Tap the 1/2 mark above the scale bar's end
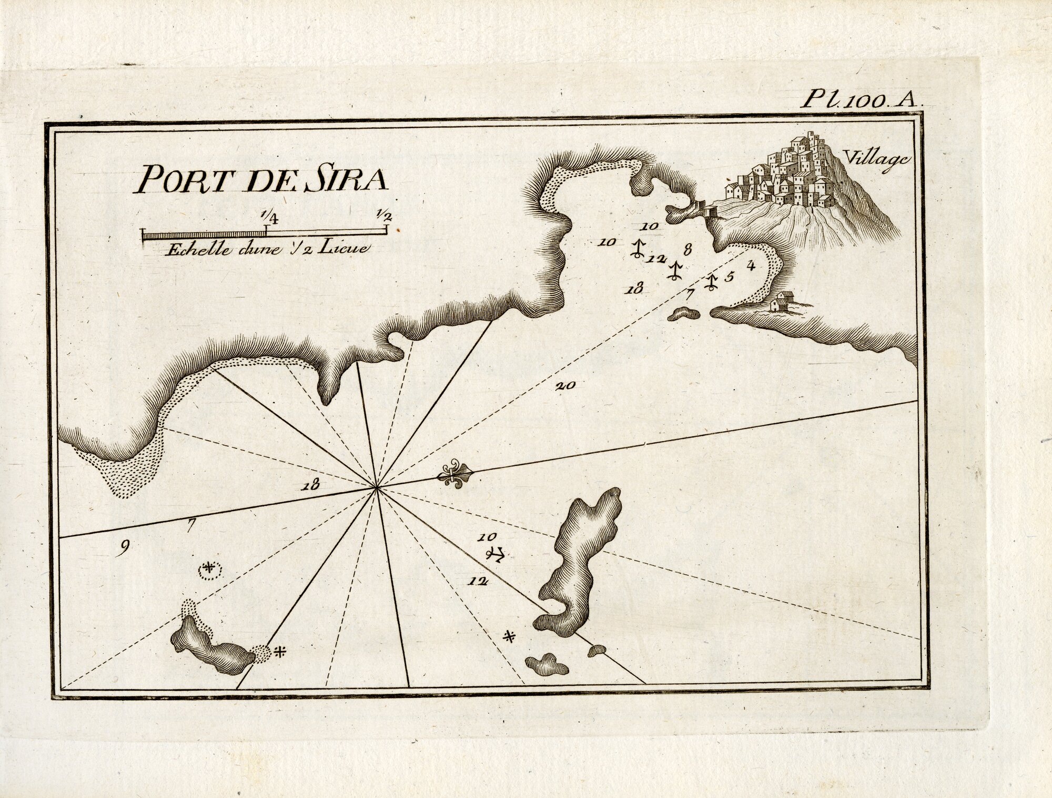(385, 215)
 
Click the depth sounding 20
(565, 385)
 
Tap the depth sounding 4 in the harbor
(752, 265)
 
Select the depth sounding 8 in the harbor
(687, 248)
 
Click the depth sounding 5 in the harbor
(729, 277)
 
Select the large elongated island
(581, 558)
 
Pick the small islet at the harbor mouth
(684, 314)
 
